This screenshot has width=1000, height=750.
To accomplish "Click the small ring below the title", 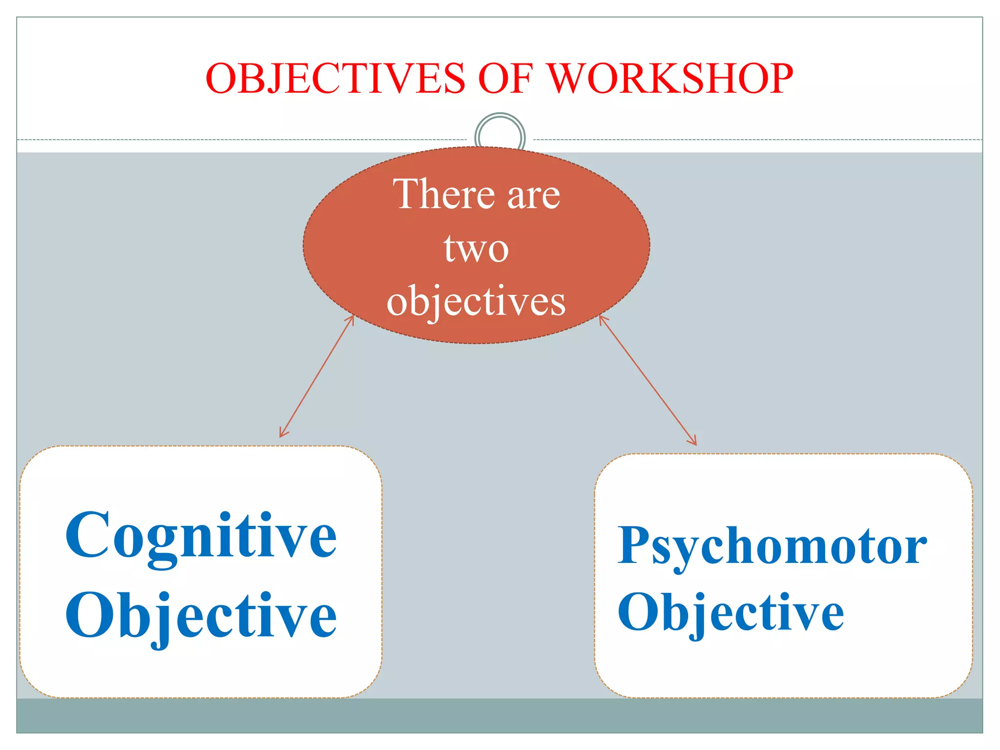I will tap(500, 131).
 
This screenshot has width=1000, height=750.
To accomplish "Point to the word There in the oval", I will tap(444, 194).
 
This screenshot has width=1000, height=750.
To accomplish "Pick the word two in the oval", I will tap(476, 249).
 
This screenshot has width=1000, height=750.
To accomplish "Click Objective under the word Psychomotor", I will tap(730, 612).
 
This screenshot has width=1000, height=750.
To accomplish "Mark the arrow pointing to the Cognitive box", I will tap(316, 376).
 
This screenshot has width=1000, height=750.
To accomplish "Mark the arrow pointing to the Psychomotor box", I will tap(647, 380).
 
